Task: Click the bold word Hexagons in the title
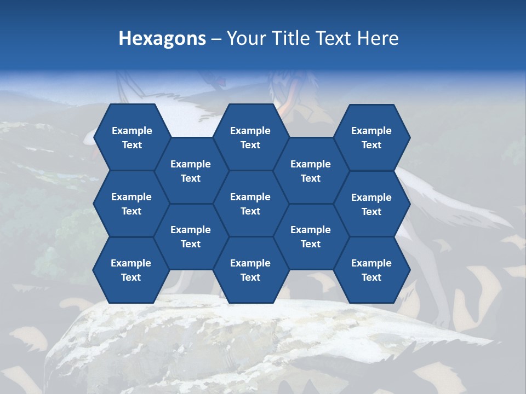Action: click(x=162, y=38)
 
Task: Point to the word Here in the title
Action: click(x=378, y=38)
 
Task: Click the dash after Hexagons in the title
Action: click(x=216, y=39)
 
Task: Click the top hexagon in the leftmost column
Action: click(x=131, y=137)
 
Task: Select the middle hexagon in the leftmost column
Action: click(x=131, y=204)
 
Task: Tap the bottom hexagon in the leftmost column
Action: click(x=131, y=270)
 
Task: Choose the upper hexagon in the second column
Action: click(x=191, y=171)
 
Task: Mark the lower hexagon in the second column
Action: click(x=191, y=237)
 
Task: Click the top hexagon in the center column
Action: click(x=250, y=137)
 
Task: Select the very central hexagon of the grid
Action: click(x=250, y=204)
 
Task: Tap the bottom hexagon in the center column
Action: click(x=250, y=270)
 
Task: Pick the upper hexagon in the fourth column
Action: click(x=311, y=171)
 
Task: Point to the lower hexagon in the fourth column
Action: click(x=311, y=237)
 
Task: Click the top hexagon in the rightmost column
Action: click(x=371, y=137)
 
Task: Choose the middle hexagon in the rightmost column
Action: click(x=371, y=204)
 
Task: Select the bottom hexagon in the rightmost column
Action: click(x=371, y=270)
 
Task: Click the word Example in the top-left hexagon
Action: click(x=131, y=131)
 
